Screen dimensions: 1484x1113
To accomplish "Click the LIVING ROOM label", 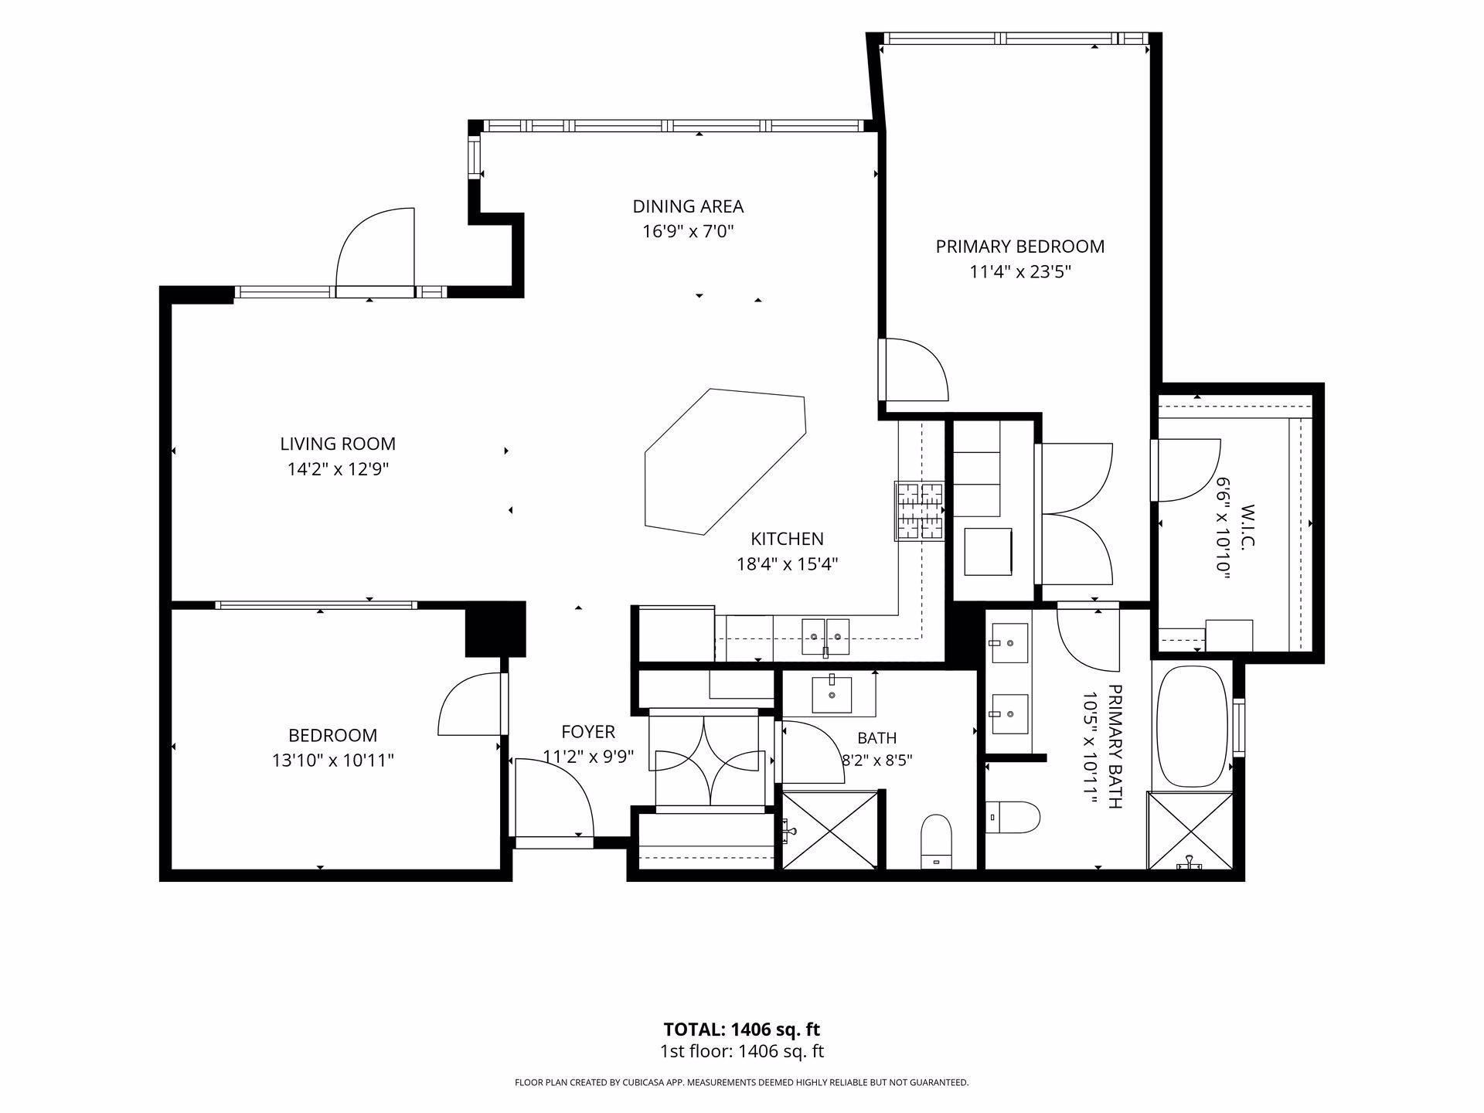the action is pyautogui.click(x=338, y=444).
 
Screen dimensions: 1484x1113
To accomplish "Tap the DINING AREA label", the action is pyautogui.click(x=688, y=206).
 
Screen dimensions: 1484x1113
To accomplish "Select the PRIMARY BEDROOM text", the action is pyautogui.click(x=1020, y=247).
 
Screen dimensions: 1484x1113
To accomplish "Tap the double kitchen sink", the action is pyautogui.click(x=825, y=636).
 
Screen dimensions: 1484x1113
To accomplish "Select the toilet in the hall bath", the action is pyautogui.click(x=937, y=841).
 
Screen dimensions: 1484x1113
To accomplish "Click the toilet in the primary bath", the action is pyautogui.click(x=1014, y=817).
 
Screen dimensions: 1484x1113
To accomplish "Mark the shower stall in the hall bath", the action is pyautogui.click(x=830, y=829).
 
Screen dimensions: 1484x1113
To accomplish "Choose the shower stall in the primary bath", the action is pyautogui.click(x=1190, y=831).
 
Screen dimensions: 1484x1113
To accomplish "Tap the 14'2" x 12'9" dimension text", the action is pyautogui.click(x=338, y=469).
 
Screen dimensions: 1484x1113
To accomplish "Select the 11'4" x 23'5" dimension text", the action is pyautogui.click(x=1020, y=272).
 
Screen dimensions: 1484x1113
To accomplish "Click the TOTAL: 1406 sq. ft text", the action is pyautogui.click(x=742, y=1030).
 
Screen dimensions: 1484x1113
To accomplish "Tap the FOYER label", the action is pyautogui.click(x=588, y=731).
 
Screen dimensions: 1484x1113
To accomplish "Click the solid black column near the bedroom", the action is pyautogui.click(x=495, y=630).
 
